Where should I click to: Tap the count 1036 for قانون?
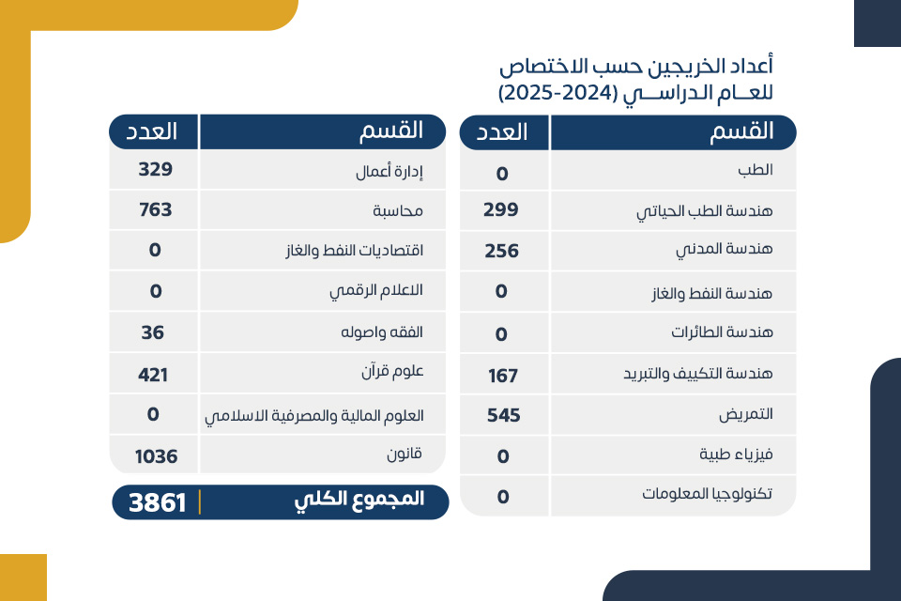tap(156, 457)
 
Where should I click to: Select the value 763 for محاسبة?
tap(156, 209)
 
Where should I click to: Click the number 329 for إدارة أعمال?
tap(156, 169)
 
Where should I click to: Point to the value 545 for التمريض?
tap(503, 415)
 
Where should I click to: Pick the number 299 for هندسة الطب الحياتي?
tap(502, 209)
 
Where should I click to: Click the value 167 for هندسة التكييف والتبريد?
tap(503, 375)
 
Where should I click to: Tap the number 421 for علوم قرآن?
tap(153, 375)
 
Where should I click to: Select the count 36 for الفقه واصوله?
tap(154, 333)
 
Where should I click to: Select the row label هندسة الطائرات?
tap(723, 332)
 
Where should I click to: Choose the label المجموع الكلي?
tap(360, 500)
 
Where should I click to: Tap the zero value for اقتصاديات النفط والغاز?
tap(156, 251)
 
